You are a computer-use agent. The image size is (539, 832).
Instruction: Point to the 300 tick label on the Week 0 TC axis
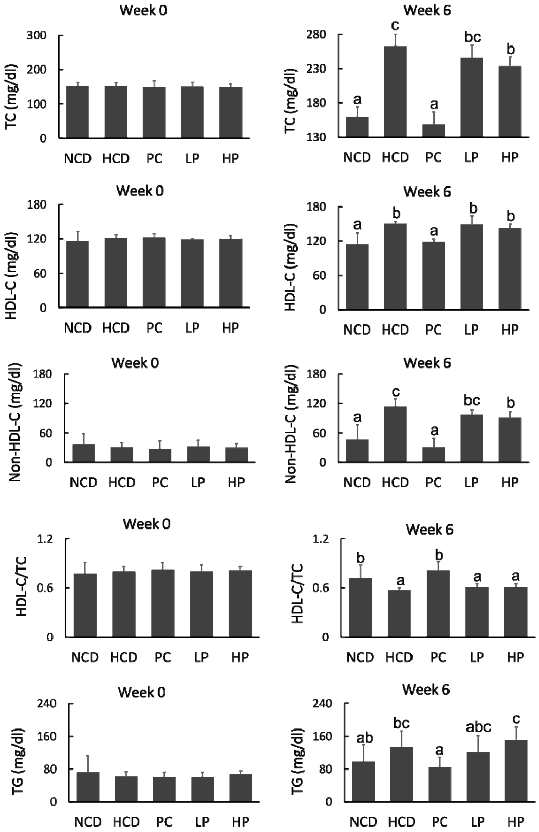(37, 36)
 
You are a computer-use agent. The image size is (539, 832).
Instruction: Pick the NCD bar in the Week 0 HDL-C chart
(78, 274)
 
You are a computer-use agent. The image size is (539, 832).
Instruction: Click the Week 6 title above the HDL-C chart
(427, 192)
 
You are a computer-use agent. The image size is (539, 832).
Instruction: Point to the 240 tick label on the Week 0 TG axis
(47, 703)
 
